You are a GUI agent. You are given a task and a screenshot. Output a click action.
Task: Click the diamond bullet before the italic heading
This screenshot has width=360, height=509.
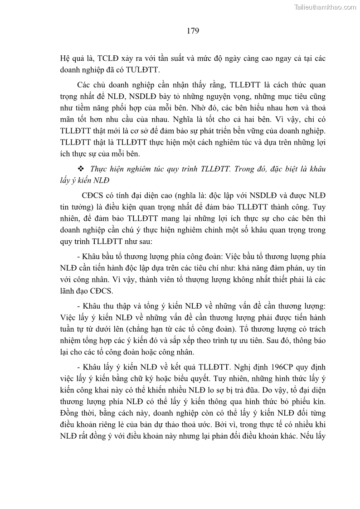(82, 169)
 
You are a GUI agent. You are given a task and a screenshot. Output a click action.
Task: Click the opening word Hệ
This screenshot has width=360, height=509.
(66, 59)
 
